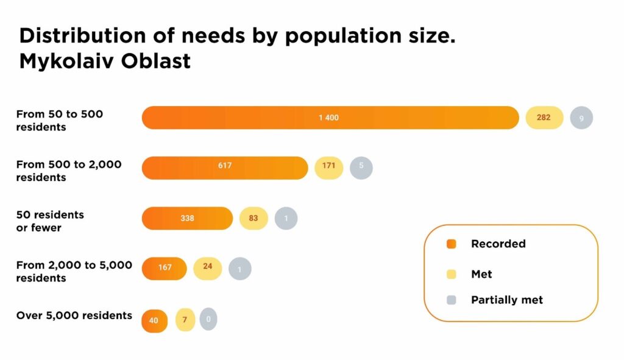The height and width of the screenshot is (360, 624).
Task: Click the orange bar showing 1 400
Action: pyautogui.click(x=330, y=118)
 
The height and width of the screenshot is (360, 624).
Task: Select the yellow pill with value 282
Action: pyautogui.click(x=544, y=118)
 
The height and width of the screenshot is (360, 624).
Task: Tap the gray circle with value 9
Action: pyautogui.click(x=581, y=118)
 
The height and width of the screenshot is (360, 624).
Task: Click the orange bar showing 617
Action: pyautogui.click(x=225, y=168)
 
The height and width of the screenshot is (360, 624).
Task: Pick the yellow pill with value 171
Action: pyautogui.click(x=329, y=168)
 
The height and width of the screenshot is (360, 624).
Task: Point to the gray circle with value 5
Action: pyautogui.click(x=361, y=168)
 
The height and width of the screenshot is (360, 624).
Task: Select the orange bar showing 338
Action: pyautogui.click(x=187, y=218)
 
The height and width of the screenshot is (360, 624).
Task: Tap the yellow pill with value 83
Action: pyautogui.click(x=253, y=218)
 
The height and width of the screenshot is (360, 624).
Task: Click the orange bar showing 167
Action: pyautogui.click(x=164, y=268)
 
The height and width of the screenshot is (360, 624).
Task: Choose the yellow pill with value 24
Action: pyautogui.click(x=208, y=268)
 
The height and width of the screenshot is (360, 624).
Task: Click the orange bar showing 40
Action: pyautogui.click(x=154, y=320)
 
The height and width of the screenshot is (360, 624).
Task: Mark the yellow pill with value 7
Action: pyautogui.click(x=185, y=320)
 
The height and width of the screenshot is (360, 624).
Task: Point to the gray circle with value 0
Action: pyautogui.click(x=208, y=319)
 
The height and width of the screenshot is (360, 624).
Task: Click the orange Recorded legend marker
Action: pyautogui.click(x=451, y=244)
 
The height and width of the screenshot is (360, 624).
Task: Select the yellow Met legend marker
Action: pyautogui.click(x=451, y=275)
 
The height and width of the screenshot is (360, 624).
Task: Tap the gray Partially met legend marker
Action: pyautogui.click(x=451, y=300)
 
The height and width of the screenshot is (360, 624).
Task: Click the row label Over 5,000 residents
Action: pyautogui.click(x=74, y=316)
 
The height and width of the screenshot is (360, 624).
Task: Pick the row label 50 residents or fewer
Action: pyautogui.click(x=50, y=221)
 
